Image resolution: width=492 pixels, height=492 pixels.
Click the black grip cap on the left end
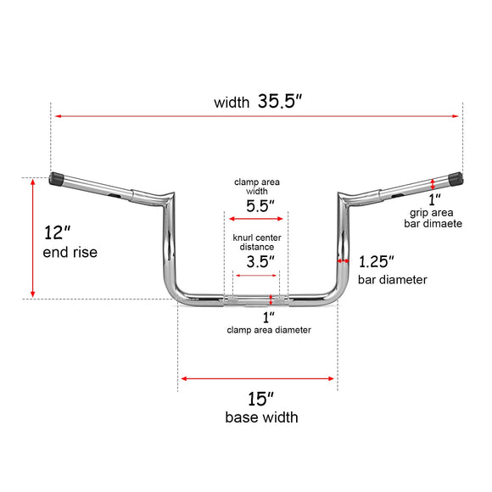click(59, 180)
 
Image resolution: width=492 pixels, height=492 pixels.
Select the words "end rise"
click(70, 253)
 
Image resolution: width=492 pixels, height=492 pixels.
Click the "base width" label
click(261, 417)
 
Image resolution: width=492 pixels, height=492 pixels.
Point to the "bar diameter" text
click(392, 279)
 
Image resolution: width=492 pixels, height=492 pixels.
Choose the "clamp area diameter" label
click(268, 329)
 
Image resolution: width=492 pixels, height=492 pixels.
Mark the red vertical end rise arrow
click(33, 238)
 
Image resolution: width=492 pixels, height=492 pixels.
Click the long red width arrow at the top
click(258, 116)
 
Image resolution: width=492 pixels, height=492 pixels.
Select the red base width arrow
click(258, 379)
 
